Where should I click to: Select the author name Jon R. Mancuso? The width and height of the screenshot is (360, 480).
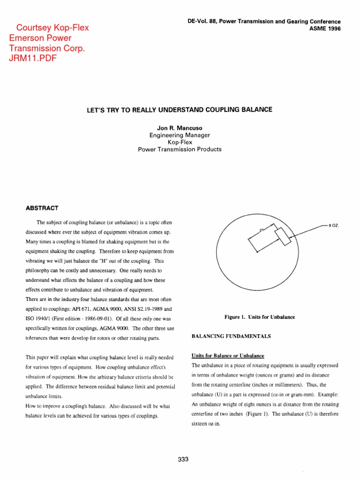coord(180,128)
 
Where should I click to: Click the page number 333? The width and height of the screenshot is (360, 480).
coord(183,459)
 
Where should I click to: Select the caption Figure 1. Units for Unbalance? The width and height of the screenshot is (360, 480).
coord(260,317)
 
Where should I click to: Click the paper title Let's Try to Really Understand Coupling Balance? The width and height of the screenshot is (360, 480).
coord(180,110)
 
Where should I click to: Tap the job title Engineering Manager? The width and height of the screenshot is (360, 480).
coord(180,135)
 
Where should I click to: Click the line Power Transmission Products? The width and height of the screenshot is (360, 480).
coord(180,150)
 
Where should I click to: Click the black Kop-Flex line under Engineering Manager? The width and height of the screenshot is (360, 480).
coord(180,142)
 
